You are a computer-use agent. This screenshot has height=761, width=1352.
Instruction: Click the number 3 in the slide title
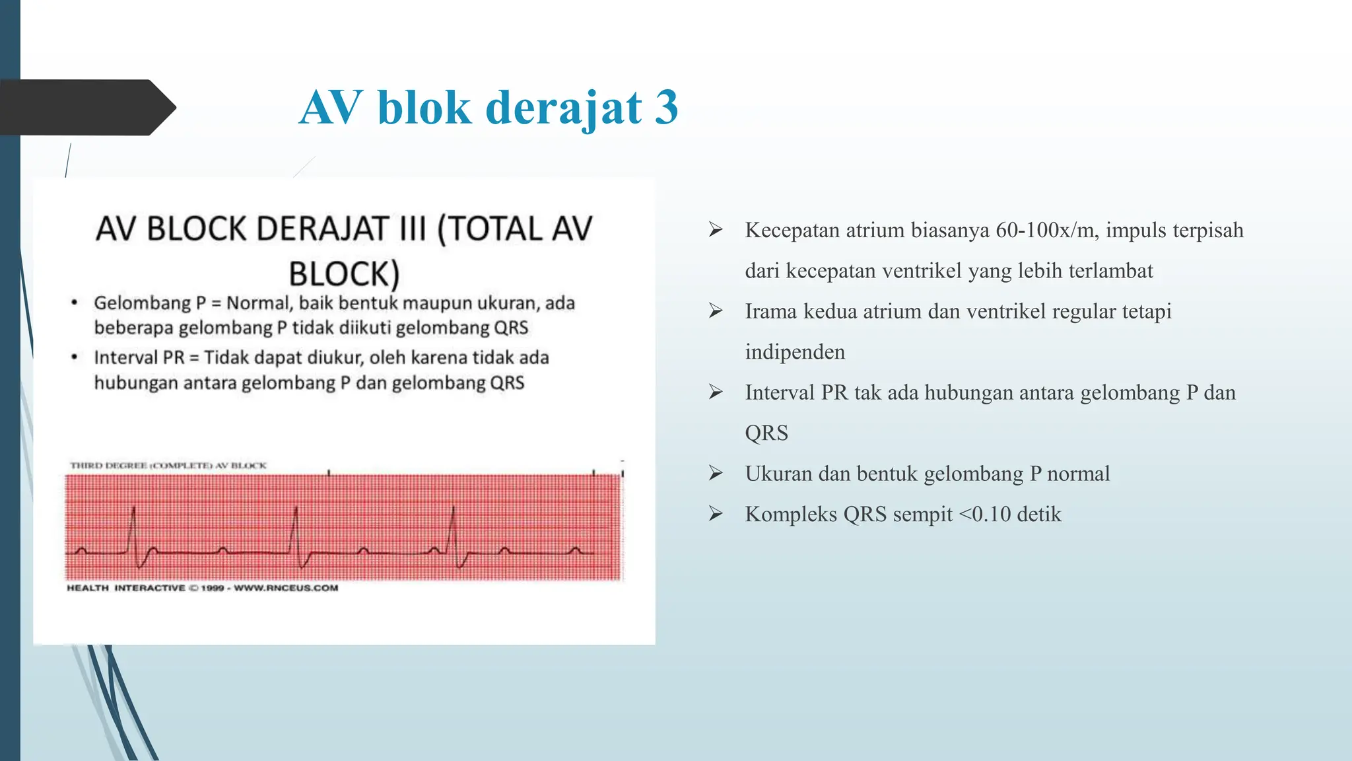pyautogui.click(x=666, y=108)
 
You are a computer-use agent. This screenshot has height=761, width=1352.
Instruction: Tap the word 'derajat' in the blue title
pyautogui.click(x=564, y=108)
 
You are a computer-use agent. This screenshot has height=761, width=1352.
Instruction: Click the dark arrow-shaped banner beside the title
pyautogui.click(x=86, y=108)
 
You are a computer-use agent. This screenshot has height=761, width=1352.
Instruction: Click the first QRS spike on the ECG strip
pyautogui.click(x=134, y=528)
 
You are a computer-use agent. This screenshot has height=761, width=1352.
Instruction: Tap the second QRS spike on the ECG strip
pyautogui.click(x=296, y=528)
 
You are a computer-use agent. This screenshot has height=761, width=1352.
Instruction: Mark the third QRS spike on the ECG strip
pyautogui.click(x=454, y=528)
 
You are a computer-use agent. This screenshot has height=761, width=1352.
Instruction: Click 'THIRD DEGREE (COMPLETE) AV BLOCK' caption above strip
pyautogui.click(x=168, y=466)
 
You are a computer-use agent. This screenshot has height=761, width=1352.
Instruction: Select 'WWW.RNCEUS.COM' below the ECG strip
pyautogui.click(x=286, y=588)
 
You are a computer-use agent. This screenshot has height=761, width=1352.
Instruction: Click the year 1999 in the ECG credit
pyautogui.click(x=213, y=588)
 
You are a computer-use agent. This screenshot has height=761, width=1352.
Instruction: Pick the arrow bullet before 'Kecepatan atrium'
pyautogui.click(x=716, y=230)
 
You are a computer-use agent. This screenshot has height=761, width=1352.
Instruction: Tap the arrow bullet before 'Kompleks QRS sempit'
pyautogui.click(x=716, y=514)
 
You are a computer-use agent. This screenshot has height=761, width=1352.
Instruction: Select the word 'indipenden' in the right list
pyautogui.click(x=795, y=352)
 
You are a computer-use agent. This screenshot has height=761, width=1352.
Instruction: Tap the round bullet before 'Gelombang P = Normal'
pyautogui.click(x=75, y=303)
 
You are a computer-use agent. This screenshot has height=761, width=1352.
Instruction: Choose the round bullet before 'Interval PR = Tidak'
pyautogui.click(x=75, y=357)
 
